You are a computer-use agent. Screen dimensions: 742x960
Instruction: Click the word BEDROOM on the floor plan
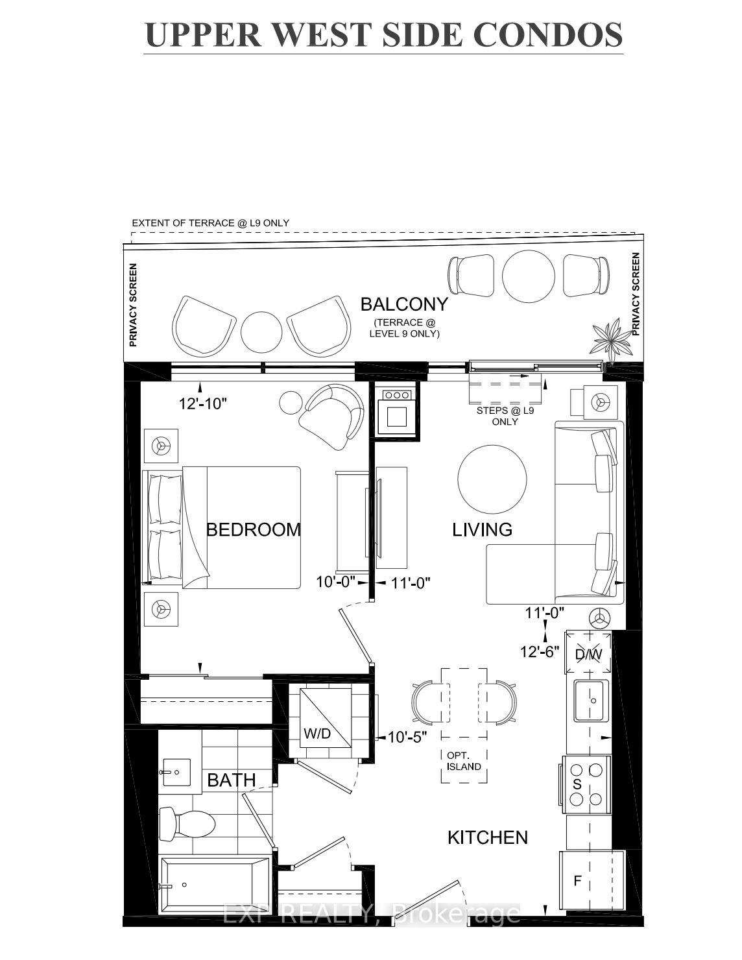253,529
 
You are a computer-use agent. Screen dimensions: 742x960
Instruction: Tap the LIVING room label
482,529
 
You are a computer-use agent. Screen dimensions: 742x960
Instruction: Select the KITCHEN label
488,837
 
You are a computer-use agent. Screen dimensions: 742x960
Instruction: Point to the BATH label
232,780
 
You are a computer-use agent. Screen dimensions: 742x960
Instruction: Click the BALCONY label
404,304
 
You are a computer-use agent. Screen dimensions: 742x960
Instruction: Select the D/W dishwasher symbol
588,653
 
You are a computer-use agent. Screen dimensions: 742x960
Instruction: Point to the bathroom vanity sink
176,773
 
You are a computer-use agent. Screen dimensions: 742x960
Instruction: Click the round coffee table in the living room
492,479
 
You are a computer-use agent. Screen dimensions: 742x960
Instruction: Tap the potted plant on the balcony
612,338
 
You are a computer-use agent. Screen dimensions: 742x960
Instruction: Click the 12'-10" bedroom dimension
203,403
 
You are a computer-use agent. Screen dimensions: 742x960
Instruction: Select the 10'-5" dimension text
407,737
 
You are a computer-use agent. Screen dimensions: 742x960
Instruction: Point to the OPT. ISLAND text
464,762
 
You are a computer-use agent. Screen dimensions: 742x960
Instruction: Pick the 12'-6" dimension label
540,652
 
